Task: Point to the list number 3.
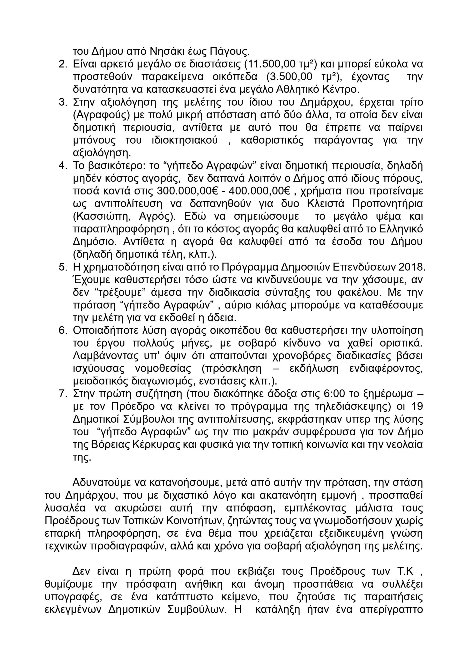63,102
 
